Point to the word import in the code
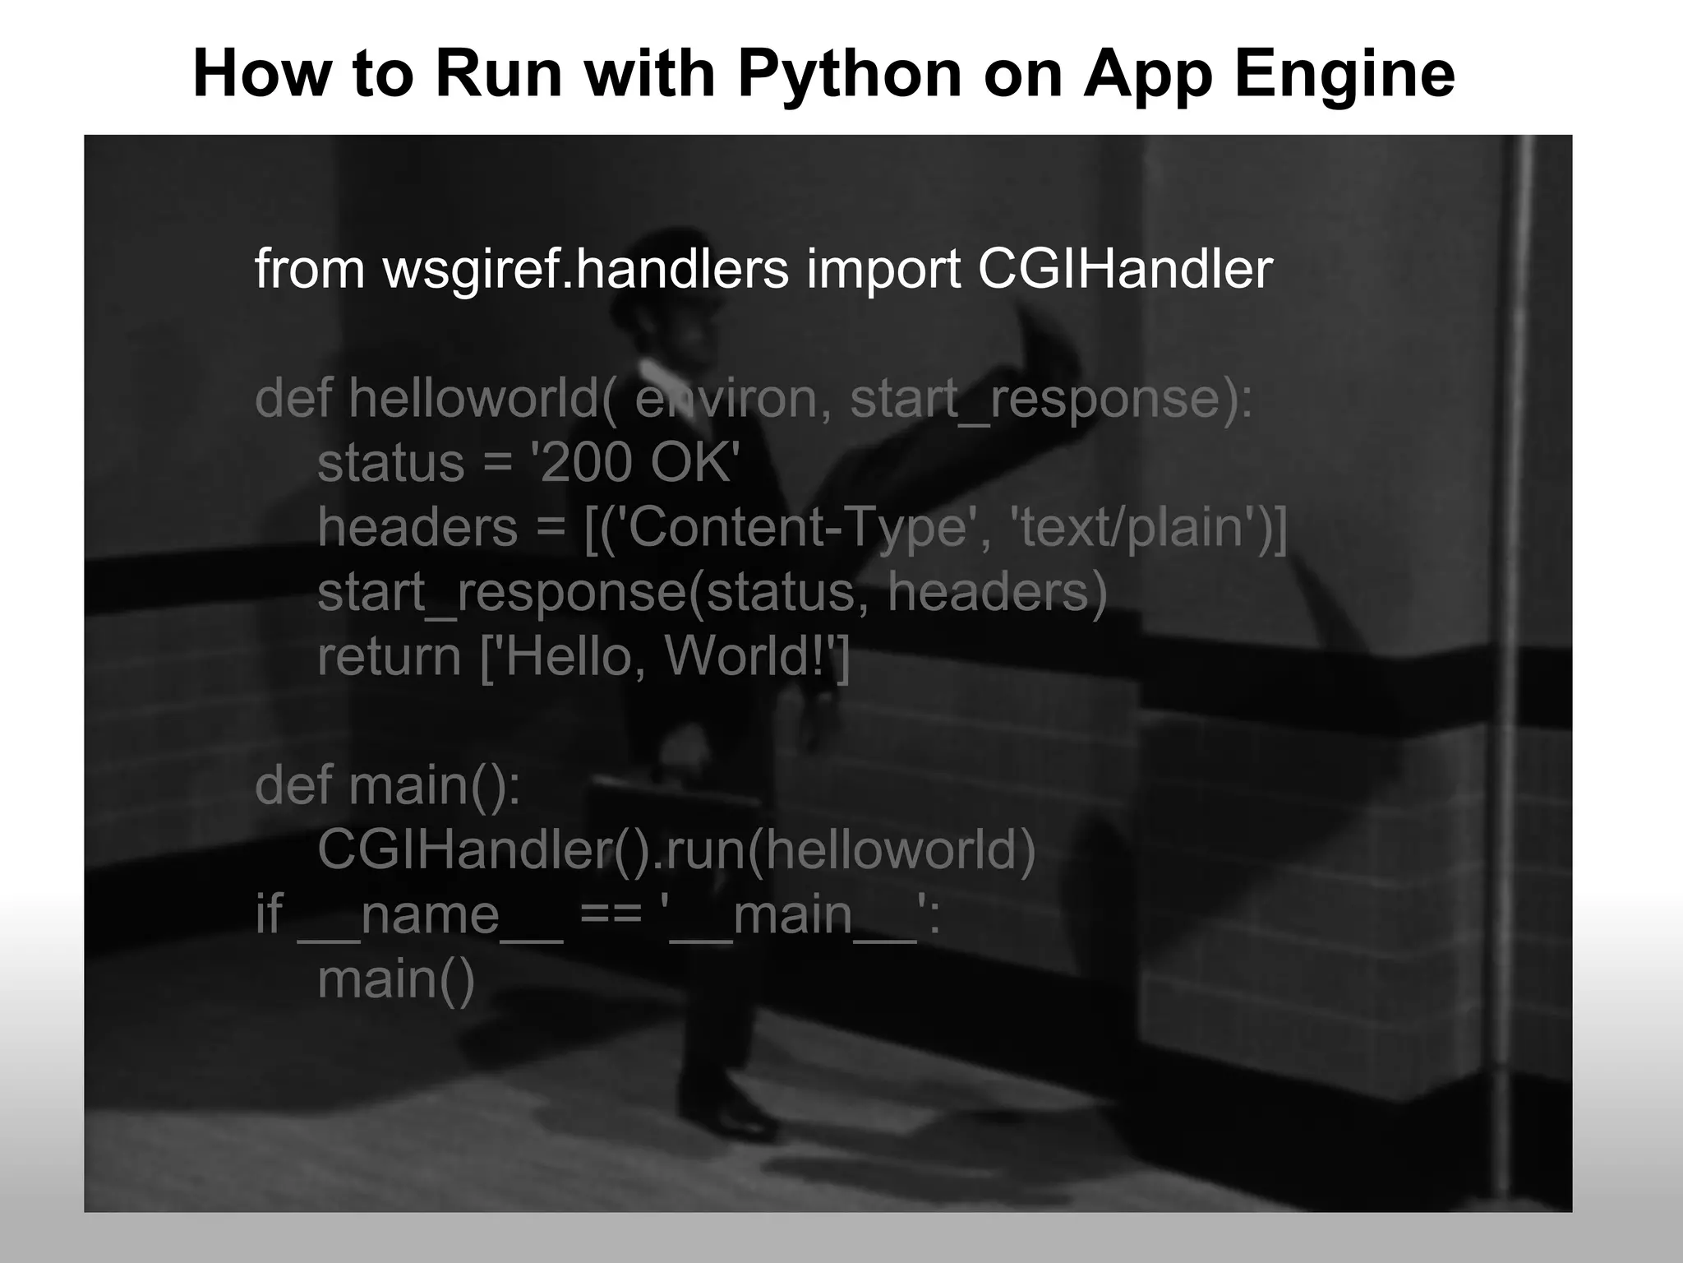point(883,269)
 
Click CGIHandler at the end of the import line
point(1125,269)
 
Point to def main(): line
point(387,784)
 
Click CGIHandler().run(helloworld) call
point(676,849)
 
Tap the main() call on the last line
point(396,979)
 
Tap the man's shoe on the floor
point(740,1118)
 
